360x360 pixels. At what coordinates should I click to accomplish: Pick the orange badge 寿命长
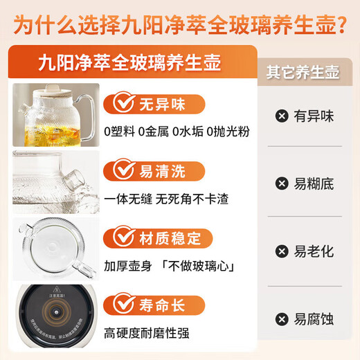pyautogui.click(x=154, y=305)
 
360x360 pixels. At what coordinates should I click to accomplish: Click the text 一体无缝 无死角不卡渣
pyautogui.click(x=166, y=199)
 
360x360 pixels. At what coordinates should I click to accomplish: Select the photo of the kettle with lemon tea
pyautogui.click(x=55, y=115)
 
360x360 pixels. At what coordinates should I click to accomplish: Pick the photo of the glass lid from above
pyautogui.click(x=55, y=249)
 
